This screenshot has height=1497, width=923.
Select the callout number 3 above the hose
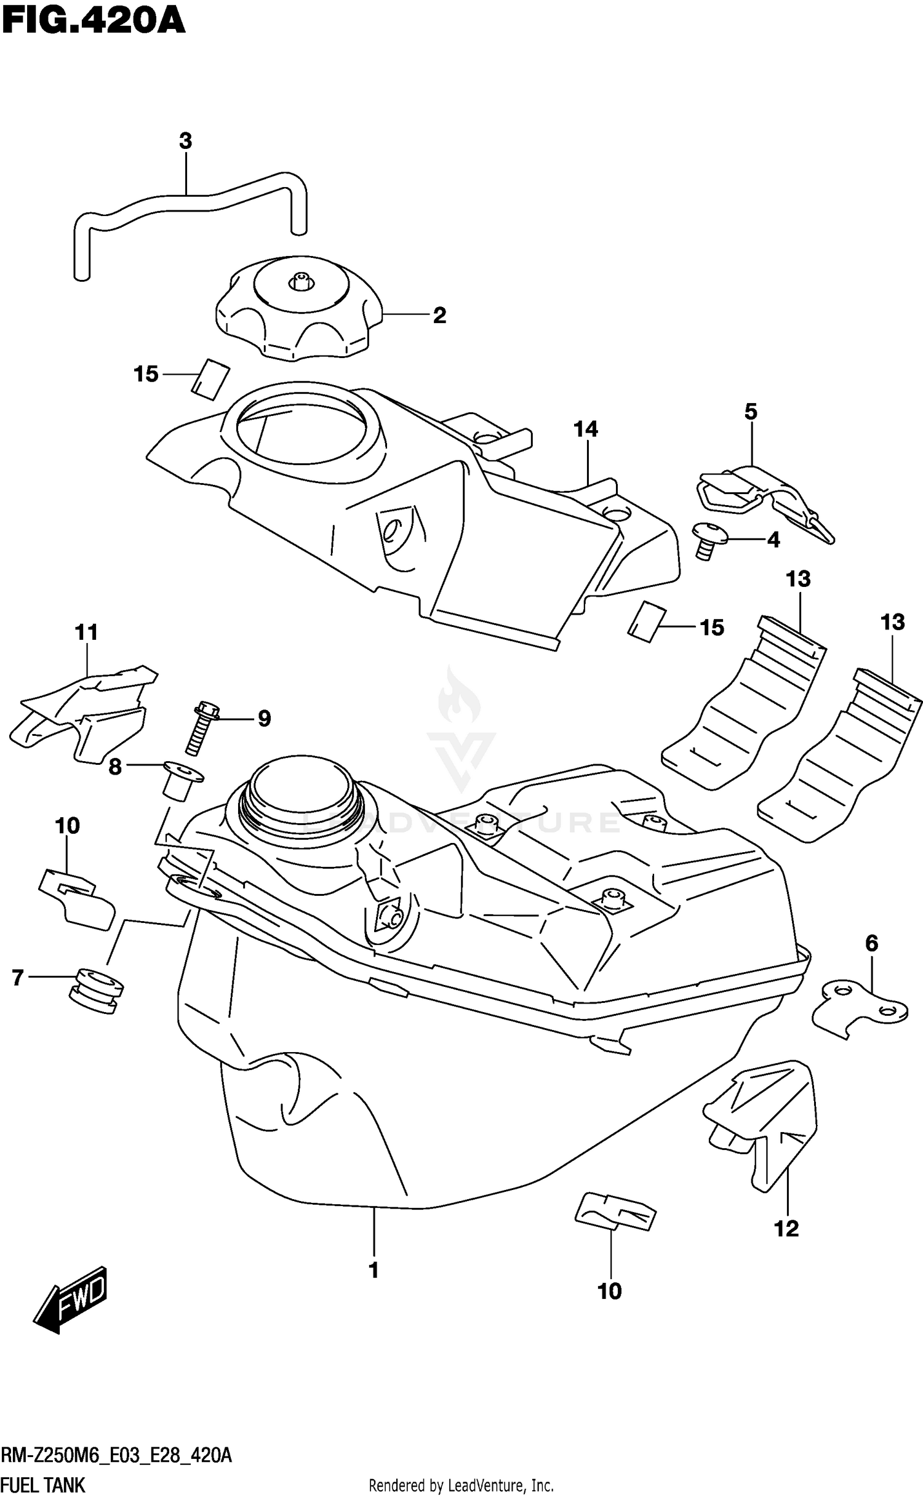point(185,141)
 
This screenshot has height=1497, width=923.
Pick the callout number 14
point(586,429)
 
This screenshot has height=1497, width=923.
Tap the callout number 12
point(786,1229)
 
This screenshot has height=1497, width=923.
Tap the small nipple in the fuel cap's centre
point(300,281)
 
